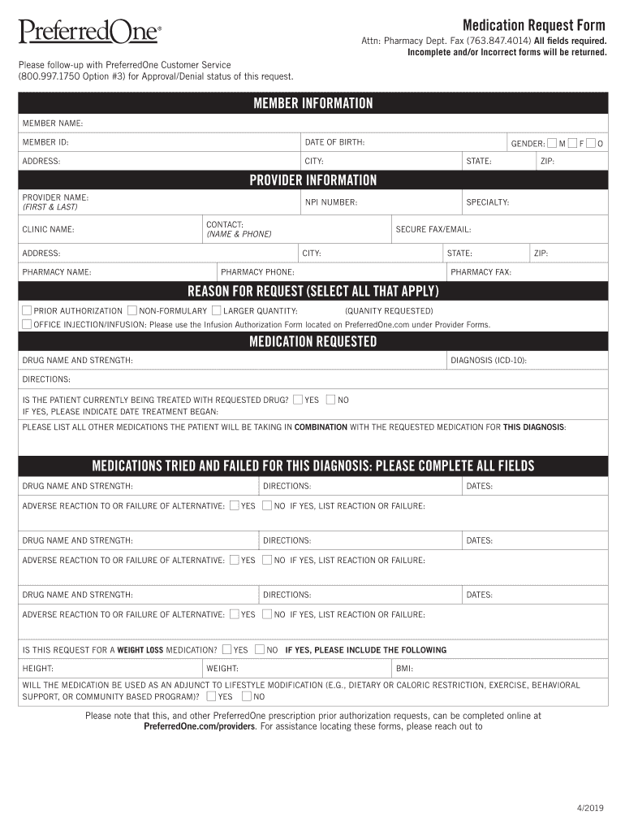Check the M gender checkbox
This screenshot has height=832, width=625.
(552, 143)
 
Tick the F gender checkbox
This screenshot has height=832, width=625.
(572, 143)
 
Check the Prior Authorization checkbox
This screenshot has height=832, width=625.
(27, 310)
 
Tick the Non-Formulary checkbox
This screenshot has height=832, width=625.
(131, 310)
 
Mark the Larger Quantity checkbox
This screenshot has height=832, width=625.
(216, 310)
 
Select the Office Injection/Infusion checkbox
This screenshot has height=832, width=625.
(27, 323)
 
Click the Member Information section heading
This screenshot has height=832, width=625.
(312, 103)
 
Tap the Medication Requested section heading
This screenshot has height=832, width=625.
(312, 341)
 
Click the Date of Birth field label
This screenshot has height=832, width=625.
(334, 143)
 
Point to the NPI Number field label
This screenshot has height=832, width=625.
(331, 201)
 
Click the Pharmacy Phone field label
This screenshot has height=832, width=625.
(257, 271)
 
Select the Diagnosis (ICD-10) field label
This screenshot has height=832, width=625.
(488, 359)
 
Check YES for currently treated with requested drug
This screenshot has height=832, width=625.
(298, 399)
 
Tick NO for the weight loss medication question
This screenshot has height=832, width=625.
(259, 649)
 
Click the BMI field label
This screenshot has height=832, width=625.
(404, 668)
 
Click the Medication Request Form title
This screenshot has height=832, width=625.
(533, 24)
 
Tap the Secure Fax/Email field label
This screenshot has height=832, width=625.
(433, 229)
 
